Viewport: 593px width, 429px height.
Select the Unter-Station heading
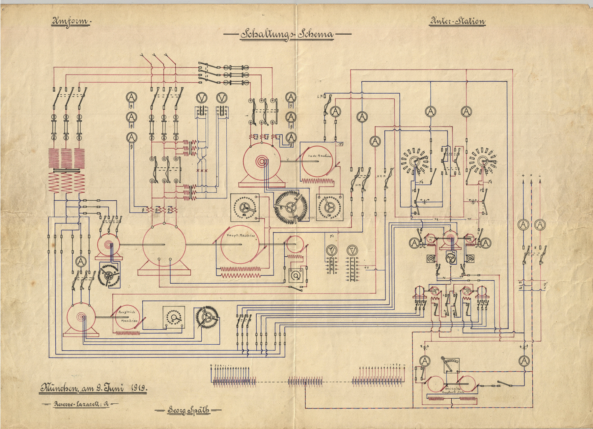pos(457,22)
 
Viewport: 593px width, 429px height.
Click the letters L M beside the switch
pos(319,96)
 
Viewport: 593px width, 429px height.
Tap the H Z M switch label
pos(381,177)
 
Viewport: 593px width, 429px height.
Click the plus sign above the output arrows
pos(523,176)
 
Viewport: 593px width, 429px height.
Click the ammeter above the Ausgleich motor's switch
pos(80,262)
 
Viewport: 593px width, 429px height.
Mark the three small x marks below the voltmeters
pos(202,171)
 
